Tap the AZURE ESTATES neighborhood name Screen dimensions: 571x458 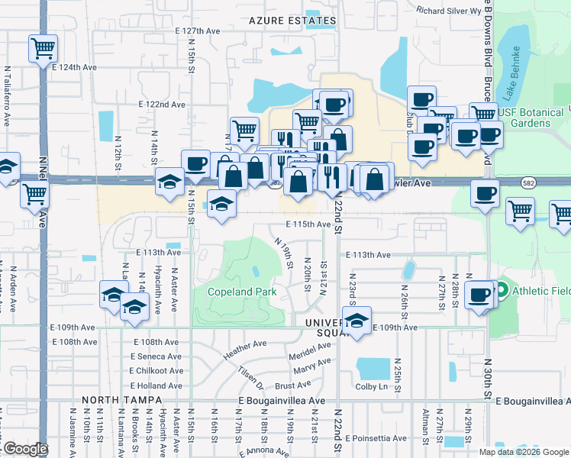(293, 21)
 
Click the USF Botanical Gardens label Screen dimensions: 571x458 (534, 118)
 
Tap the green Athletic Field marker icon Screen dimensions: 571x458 (502, 290)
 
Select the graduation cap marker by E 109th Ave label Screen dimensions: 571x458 (356, 321)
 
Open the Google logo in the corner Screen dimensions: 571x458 (24, 449)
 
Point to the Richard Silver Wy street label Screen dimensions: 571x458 (449, 11)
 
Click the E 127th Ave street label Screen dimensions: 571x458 (196, 31)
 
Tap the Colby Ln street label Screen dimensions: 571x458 (372, 386)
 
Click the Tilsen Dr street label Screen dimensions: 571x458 (250, 375)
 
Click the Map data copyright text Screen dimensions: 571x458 (523, 452)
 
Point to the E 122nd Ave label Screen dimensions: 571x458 (162, 104)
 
